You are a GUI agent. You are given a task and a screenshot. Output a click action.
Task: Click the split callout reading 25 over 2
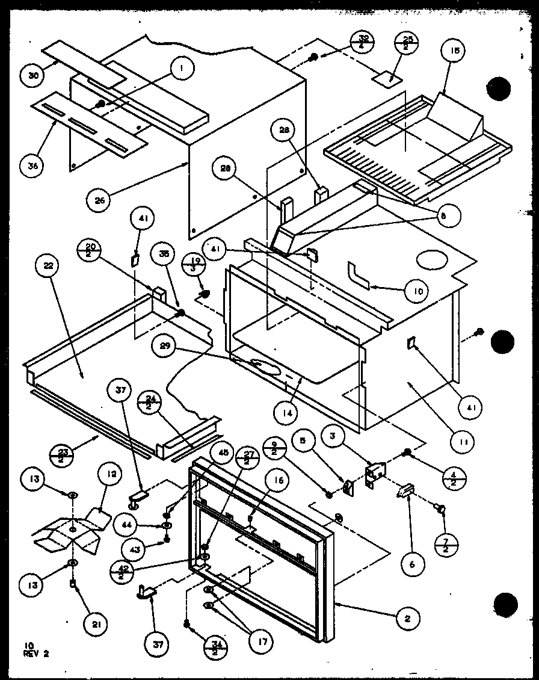coord(408,44)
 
